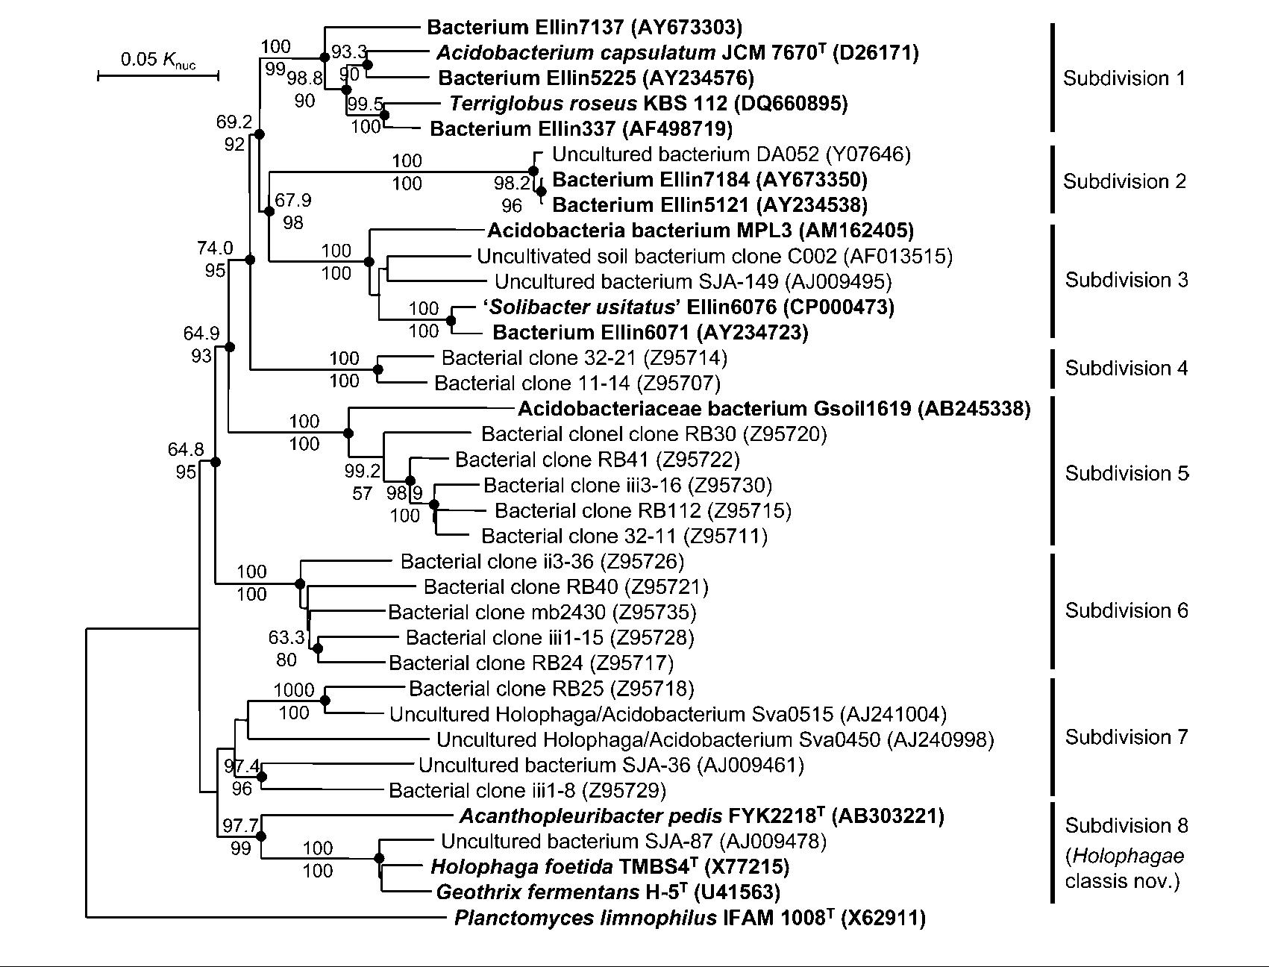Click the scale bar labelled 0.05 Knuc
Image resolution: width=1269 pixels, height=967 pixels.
(x=157, y=75)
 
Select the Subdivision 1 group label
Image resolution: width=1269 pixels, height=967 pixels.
(x=1124, y=78)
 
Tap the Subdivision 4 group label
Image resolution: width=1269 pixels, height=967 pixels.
(x=1126, y=368)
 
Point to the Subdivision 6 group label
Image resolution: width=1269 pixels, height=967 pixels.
(x=1126, y=610)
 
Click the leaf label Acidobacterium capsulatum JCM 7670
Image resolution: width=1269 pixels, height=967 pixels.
(x=677, y=52)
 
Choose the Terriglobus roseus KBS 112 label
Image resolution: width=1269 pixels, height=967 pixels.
(x=648, y=103)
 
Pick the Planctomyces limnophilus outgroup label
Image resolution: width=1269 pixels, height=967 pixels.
(x=689, y=918)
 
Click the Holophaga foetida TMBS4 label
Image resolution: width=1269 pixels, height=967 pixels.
(x=610, y=866)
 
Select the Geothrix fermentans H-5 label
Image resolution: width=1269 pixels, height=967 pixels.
(x=608, y=892)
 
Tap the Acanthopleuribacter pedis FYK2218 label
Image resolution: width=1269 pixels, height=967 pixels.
(x=701, y=816)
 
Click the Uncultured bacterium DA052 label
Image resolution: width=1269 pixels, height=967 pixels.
(x=731, y=154)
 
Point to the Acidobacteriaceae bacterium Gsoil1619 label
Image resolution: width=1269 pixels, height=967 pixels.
(x=774, y=408)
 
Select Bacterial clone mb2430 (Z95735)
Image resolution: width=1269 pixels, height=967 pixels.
(x=542, y=613)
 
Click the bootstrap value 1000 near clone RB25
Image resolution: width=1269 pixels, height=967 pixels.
(x=293, y=690)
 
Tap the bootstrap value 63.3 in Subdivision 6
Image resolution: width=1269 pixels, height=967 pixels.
(x=286, y=638)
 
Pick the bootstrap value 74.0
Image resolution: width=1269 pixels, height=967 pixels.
(x=215, y=248)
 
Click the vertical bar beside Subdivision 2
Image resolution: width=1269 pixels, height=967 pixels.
(x=1052, y=179)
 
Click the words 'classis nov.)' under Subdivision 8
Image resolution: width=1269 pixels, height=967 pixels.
(x=1122, y=881)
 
